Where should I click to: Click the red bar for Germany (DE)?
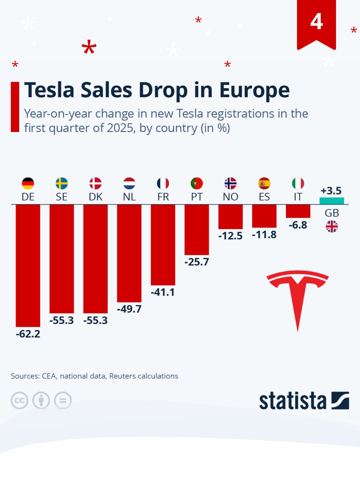click(x=28, y=265)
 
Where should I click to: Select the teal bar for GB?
click(x=331, y=201)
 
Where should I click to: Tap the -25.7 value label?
click(x=196, y=262)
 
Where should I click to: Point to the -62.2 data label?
click(x=28, y=334)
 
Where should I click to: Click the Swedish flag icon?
click(x=61, y=183)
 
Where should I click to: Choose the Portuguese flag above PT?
click(x=196, y=183)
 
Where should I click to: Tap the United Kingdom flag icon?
click(x=331, y=226)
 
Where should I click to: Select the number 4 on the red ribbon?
click(x=316, y=22)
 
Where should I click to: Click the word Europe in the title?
click(x=254, y=90)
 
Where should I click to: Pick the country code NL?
click(x=129, y=197)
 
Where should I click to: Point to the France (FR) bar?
click(x=163, y=244)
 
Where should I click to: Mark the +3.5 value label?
click(x=331, y=190)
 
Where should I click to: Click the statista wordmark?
click(x=292, y=401)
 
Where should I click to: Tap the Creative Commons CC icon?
click(x=19, y=400)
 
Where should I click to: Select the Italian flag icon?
click(x=298, y=183)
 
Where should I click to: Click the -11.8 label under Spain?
click(x=264, y=235)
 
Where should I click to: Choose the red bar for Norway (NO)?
click(x=230, y=216)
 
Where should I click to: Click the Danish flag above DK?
click(x=95, y=183)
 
